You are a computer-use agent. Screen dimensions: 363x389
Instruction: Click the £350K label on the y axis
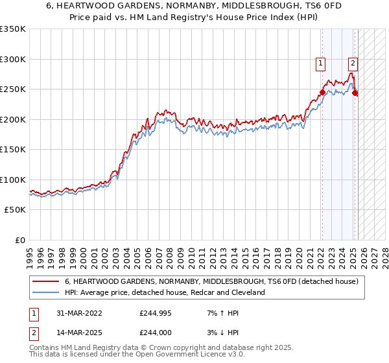coord(13,29)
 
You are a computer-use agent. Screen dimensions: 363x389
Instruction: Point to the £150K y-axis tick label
coord(13,150)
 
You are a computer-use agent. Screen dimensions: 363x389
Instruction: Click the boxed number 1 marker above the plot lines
coord(321,64)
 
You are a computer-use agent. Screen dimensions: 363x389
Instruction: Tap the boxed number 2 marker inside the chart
coord(353,64)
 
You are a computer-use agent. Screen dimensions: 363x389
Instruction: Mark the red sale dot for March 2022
coord(322,92)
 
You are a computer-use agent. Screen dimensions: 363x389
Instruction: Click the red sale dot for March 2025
coord(355,93)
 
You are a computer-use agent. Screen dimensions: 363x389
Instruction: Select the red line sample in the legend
coord(46,282)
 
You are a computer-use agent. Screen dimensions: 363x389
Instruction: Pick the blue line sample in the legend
coord(46,293)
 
